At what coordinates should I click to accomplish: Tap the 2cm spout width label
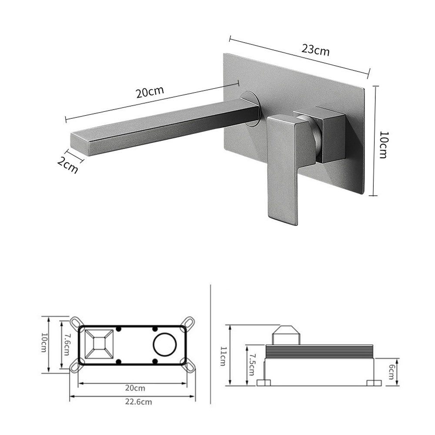point(67,165)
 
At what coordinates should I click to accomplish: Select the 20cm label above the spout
point(150,92)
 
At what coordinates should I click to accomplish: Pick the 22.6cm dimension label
point(138,402)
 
